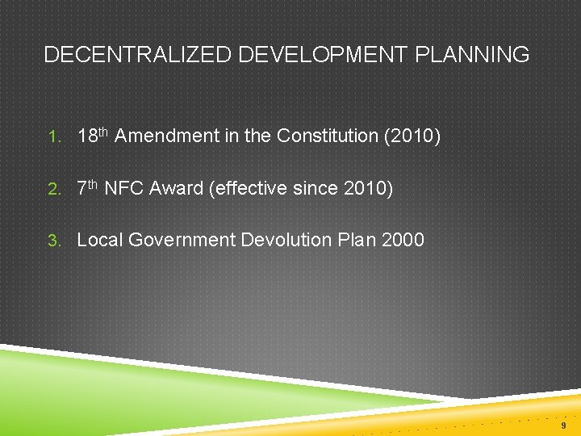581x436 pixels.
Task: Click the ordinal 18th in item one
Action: (92, 136)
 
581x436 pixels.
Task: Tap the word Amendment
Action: (167, 136)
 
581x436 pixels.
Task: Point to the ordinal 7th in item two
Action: (87, 188)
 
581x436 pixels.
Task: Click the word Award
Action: (177, 189)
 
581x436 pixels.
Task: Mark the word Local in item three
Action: (99, 241)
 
